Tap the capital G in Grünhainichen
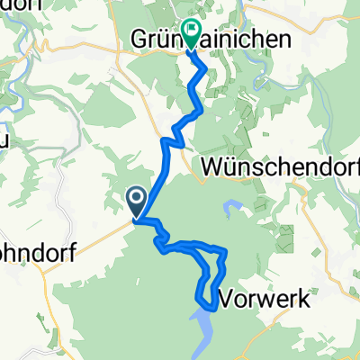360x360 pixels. [x=140, y=39]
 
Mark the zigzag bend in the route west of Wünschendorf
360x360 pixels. [x=171, y=142]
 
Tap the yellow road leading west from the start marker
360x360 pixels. [x=90, y=234]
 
